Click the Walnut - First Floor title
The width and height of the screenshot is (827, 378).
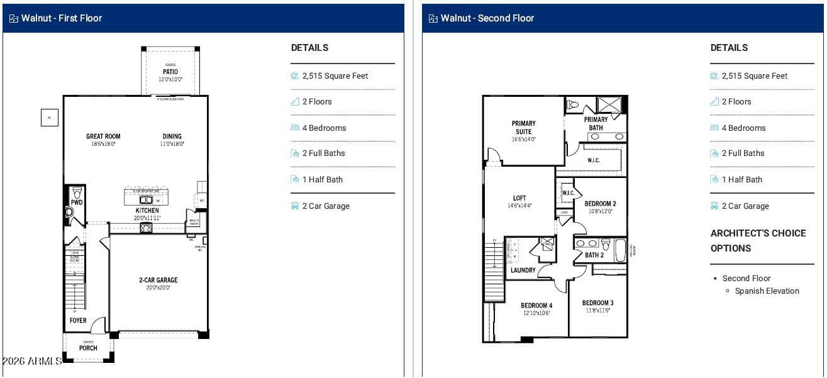pyautogui.click(x=61, y=18)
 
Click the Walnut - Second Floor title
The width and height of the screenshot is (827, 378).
pyautogui.click(x=487, y=18)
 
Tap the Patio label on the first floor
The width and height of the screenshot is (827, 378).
pyautogui.click(x=170, y=72)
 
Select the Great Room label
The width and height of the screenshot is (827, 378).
pyautogui.click(x=103, y=136)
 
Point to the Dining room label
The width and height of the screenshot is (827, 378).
pyautogui.click(x=172, y=136)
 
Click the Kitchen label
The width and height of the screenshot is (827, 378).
pyautogui.click(x=147, y=211)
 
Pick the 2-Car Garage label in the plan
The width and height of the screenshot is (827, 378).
pyautogui.click(x=158, y=281)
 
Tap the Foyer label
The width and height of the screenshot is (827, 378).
pyautogui.click(x=78, y=321)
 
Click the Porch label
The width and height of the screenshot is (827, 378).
pyautogui.click(x=88, y=348)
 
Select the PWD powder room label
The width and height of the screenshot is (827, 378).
pyautogui.click(x=76, y=203)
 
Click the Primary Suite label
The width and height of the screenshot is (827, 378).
pyautogui.click(x=523, y=128)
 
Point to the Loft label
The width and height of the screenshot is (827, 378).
pyautogui.click(x=519, y=199)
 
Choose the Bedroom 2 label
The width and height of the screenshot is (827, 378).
pyautogui.click(x=600, y=204)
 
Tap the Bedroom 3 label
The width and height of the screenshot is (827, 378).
pyautogui.click(x=597, y=303)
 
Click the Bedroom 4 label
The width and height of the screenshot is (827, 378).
pyautogui.click(x=536, y=306)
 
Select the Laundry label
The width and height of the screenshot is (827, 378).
pyautogui.click(x=523, y=270)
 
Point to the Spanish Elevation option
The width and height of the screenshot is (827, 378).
pyautogui.click(x=767, y=291)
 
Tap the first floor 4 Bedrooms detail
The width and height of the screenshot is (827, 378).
pyautogui.click(x=324, y=128)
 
